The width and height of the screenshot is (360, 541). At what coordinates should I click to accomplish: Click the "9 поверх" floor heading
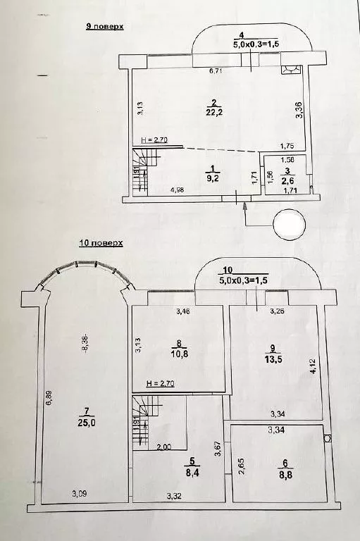point(104,26)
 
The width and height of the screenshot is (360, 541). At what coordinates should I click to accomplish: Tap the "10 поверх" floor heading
point(101,242)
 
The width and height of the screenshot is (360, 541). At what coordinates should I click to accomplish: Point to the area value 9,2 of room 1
point(212,178)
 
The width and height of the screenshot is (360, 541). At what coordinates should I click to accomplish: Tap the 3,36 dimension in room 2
point(299,111)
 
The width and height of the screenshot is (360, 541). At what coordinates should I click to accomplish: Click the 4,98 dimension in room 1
point(178,189)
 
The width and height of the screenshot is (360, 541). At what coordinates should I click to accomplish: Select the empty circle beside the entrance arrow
point(290,224)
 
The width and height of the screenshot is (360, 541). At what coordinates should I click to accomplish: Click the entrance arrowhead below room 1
point(245,205)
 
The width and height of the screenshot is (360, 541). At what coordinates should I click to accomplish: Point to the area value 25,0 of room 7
point(87,423)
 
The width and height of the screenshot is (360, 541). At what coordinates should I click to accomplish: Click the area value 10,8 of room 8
point(180,354)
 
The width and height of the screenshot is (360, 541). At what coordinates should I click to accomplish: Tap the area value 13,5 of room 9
point(273,359)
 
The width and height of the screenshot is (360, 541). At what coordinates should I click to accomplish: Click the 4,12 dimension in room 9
point(314,366)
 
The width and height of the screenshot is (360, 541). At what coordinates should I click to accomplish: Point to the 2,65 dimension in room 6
point(242,466)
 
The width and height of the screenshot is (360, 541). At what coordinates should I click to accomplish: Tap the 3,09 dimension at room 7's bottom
point(80,494)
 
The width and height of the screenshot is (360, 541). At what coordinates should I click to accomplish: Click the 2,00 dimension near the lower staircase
point(164,447)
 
